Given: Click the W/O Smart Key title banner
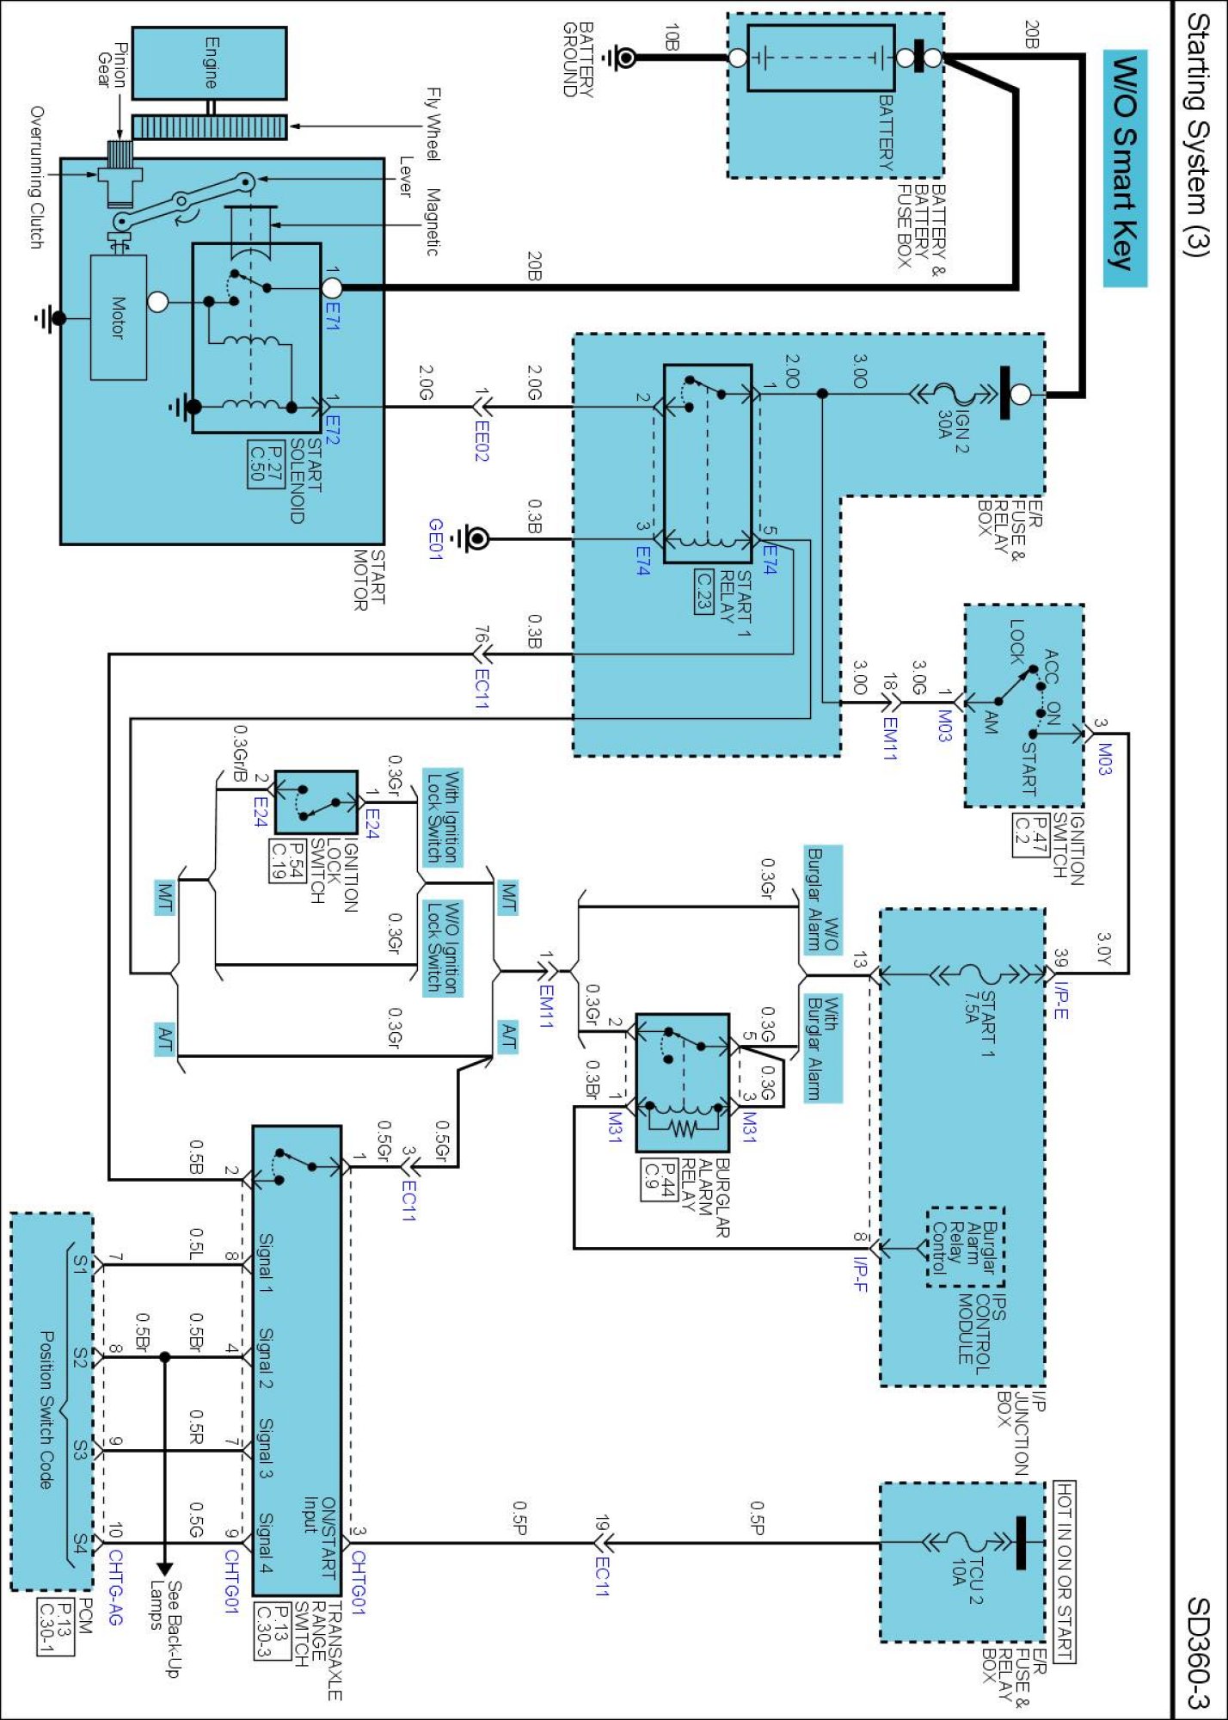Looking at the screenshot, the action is point(1126,169).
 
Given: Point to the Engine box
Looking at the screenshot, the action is point(209,63).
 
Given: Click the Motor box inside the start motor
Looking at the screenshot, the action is point(119,317).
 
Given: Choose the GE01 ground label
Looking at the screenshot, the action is point(436,539).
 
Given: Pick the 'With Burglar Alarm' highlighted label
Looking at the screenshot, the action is point(822,1048).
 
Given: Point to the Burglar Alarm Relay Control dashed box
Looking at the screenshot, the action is point(966,1247).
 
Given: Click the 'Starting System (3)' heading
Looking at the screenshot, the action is point(1197,134).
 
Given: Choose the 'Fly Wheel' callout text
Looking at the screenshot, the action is point(433,124).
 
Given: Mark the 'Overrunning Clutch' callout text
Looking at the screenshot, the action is point(36,178).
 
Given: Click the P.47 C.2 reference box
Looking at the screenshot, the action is point(1030,835).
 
